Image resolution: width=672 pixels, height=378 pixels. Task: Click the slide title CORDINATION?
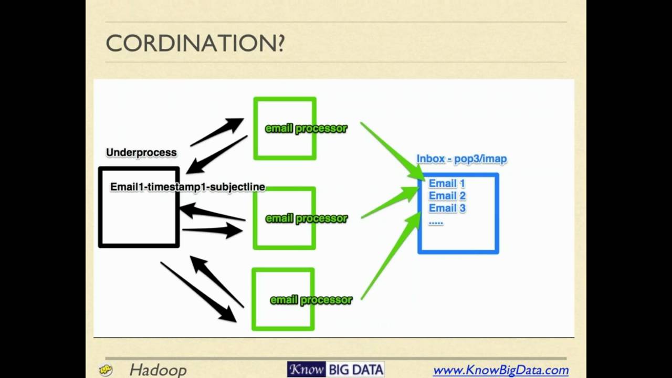pos(195,43)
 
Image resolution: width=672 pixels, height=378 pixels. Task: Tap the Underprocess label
pos(141,152)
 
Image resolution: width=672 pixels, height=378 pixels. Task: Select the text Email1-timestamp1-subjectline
pos(188,187)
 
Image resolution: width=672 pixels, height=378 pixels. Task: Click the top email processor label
pos(306,129)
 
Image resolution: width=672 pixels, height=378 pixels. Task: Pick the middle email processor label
pos(306,218)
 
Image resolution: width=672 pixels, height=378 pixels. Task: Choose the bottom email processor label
pos(311,300)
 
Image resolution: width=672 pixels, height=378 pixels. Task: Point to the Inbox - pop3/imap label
pos(461,159)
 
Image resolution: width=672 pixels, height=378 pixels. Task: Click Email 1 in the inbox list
pos(447,183)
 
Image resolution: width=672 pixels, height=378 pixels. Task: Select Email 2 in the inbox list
pos(447,196)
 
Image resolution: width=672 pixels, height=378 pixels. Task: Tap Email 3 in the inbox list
pos(447,208)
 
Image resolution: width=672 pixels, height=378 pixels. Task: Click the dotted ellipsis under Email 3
pos(436,223)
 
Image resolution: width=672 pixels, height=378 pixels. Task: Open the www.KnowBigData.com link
pos(501,370)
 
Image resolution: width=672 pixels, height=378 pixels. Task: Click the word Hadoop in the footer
pos(158,370)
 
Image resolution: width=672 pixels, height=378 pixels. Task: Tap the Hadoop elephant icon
pos(106,370)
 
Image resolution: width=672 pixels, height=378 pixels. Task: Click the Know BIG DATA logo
pos(335,369)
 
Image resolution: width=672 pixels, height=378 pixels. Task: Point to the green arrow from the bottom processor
pos(391,256)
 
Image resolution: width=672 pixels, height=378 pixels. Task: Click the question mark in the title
pos(280,44)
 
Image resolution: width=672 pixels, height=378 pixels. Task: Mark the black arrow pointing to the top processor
pos(217,132)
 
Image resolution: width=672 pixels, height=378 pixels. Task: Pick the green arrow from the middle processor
pos(390,203)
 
